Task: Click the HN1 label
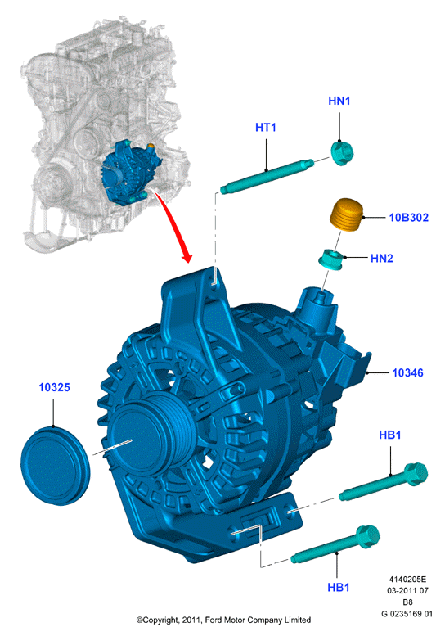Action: pyautogui.click(x=339, y=101)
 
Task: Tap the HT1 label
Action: pyautogui.click(x=266, y=128)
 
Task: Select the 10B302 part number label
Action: pyautogui.click(x=408, y=218)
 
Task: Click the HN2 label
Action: pyautogui.click(x=382, y=259)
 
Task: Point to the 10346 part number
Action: pyautogui.click(x=407, y=372)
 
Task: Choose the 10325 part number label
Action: pyautogui.click(x=54, y=387)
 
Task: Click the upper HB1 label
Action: pyautogui.click(x=390, y=435)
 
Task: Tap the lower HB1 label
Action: pyautogui.click(x=339, y=587)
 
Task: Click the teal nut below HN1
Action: pyautogui.click(x=342, y=153)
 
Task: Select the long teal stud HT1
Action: pyautogui.click(x=267, y=175)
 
